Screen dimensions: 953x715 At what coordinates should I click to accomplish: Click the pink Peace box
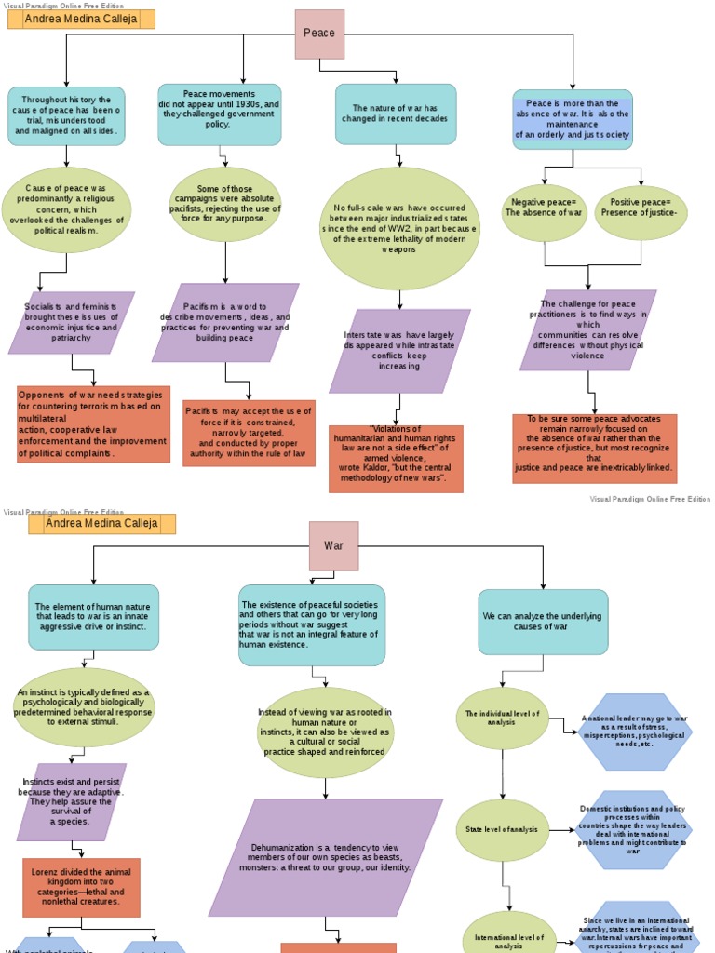point(319,34)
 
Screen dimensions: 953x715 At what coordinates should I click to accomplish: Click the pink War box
point(333,545)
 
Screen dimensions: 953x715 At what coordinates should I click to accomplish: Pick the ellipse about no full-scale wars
point(399,229)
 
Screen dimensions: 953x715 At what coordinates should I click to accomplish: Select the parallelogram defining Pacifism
point(224,322)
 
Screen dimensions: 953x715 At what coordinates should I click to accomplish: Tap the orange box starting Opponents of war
point(93,423)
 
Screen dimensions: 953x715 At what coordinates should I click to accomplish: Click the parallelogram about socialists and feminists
point(72,322)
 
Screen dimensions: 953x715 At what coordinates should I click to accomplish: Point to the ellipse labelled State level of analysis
point(502,829)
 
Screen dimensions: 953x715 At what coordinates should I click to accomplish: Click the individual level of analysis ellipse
point(502,718)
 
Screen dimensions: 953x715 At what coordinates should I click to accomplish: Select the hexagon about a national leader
point(634,732)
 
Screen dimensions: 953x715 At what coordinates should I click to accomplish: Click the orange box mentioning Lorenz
point(81,887)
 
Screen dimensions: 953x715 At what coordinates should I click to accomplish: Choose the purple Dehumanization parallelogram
point(325,857)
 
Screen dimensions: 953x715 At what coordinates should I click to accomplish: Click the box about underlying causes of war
point(543,621)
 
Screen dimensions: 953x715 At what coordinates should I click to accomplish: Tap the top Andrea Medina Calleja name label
point(81,19)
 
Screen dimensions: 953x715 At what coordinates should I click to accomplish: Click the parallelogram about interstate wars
point(399,351)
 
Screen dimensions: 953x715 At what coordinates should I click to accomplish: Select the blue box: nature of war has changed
point(396,114)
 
